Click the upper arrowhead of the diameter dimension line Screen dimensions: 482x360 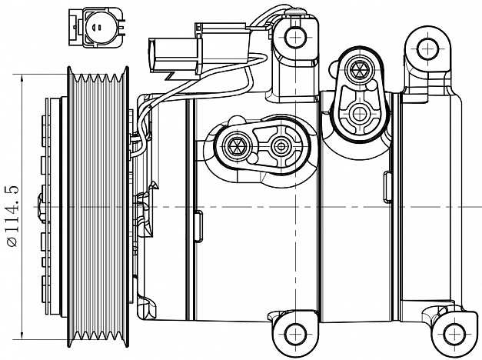click(x=22, y=79)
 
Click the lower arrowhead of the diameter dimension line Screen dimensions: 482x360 click(x=22, y=335)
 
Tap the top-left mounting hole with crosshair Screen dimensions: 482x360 click(x=296, y=37)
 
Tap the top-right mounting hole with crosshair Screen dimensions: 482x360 click(x=428, y=48)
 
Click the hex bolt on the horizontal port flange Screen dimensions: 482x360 click(x=234, y=145)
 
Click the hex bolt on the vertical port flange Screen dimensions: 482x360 click(x=359, y=69)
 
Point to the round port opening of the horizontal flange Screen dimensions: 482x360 click(x=281, y=146)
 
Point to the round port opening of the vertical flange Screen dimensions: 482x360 click(x=359, y=114)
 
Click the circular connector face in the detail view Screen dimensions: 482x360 click(x=99, y=27)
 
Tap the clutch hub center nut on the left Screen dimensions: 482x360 click(x=41, y=207)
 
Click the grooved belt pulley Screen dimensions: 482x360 click(x=98, y=207)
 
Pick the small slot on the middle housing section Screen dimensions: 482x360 click(x=198, y=226)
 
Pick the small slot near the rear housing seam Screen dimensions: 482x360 click(x=387, y=187)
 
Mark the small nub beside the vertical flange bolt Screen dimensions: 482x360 click(x=372, y=85)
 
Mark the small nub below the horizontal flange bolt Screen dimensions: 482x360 click(x=252, y=158)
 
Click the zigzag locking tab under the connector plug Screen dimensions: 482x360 click(x=170, y=75)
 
